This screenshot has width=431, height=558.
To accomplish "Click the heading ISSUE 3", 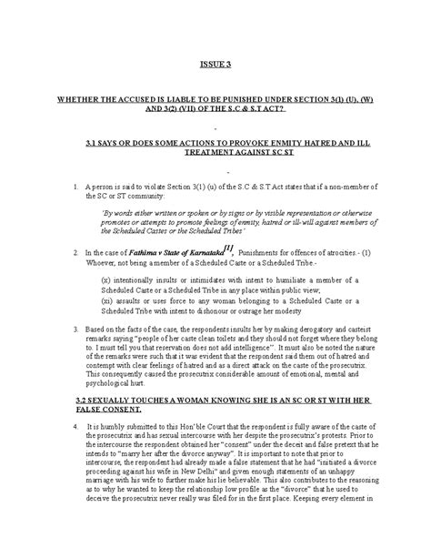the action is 215,65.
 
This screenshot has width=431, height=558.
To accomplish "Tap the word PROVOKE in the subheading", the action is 211,144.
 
